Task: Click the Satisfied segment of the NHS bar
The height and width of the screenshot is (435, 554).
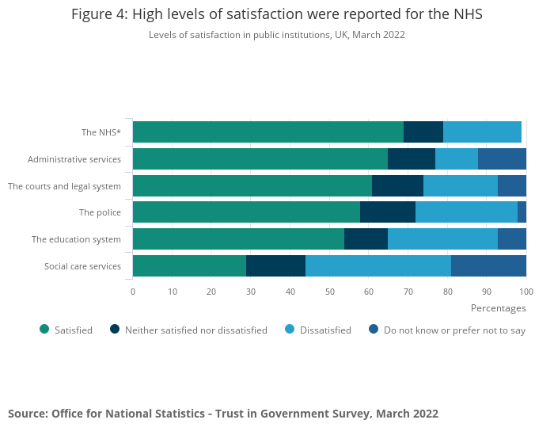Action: tap(268, 132)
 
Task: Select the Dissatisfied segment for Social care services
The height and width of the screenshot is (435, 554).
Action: tap(378, 265)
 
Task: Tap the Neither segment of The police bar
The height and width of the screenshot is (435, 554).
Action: tap(388, 212)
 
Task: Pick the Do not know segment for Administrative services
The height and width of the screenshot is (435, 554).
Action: tap(502, 159)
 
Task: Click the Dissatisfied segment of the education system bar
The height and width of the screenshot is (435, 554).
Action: tap(442, 239)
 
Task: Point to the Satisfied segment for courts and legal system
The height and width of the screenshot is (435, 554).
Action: tap(252, 186)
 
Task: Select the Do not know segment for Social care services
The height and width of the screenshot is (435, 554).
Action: tap(488, 265)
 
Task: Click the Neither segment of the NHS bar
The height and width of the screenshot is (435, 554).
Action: tap(423, 132)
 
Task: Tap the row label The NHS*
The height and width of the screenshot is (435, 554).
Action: tap(101, 132)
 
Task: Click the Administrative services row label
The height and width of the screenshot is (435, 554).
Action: tap(74, 159)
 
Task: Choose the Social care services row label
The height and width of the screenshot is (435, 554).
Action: tap(82, 265)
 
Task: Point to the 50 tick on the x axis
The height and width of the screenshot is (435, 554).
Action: tap(329, 292)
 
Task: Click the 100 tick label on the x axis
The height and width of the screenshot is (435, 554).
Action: tap(526, 292)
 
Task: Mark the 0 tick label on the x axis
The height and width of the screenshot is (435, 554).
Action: tap(133, 292)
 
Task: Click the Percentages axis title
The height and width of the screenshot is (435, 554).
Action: tap(498, 307)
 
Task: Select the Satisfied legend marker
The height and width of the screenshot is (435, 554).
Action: tap(44, 330)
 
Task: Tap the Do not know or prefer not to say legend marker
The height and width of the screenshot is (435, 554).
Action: tap(373, 330)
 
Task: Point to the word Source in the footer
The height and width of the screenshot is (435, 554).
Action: tap(27, 414)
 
